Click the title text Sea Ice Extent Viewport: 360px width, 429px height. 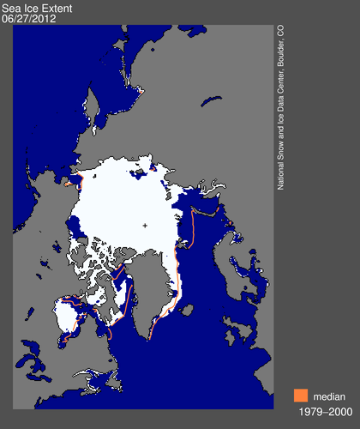pyautogui.click(x=37, y=7)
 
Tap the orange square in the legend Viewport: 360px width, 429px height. pyautogui.click(x=300, y=396)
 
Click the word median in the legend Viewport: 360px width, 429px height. pyautogui.click(x=329, y=396)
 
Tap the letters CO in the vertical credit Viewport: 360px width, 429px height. pyautogui.click(x=280, y=31)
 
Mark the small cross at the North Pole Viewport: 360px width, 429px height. pyautogui.click(x=145, y=226)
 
